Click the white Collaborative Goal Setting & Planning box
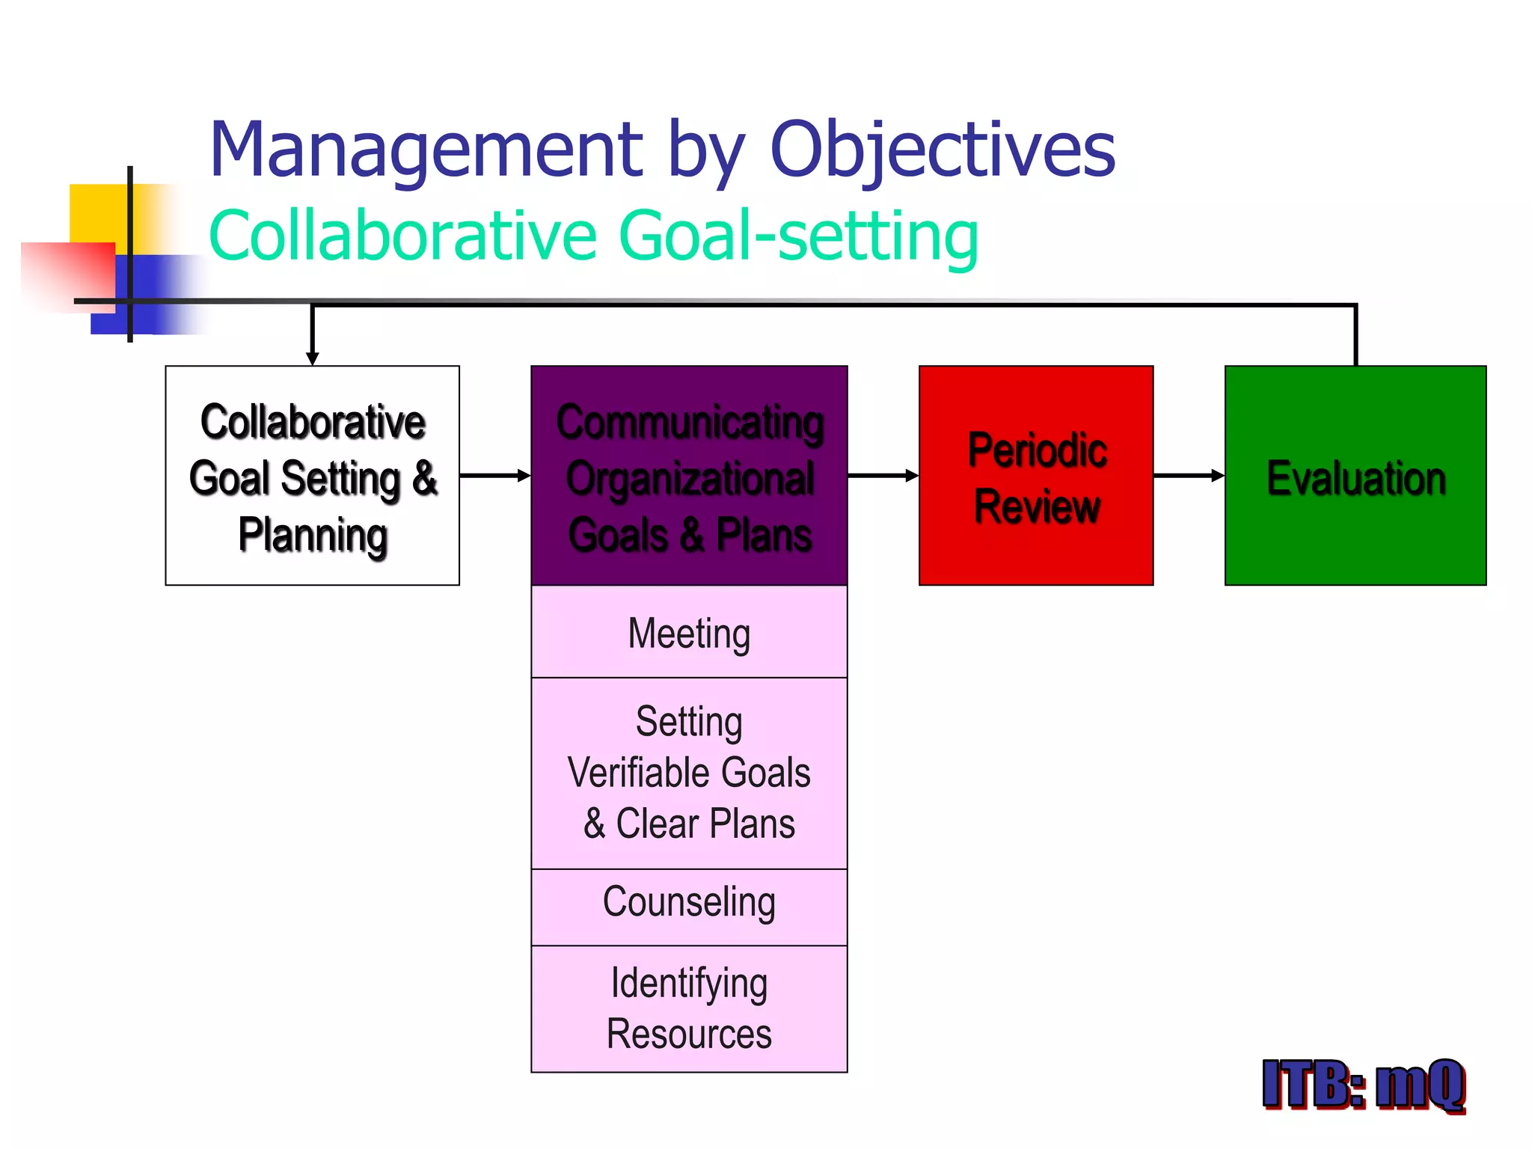click(312, 476)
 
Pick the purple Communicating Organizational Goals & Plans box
click(689, 476)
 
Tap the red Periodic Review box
click(1036, 476)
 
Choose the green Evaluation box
click(1355, 476)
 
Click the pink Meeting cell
click(689, 633)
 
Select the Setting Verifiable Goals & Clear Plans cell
click(689, 773)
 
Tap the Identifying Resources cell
click(689, 1008)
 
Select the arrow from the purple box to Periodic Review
click(883, 476)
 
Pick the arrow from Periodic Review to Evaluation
click(1189, 476)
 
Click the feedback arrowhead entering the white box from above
click(313, 358)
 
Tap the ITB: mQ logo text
click(1363, 1085)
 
